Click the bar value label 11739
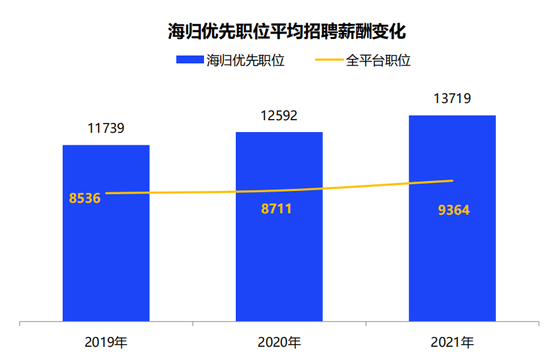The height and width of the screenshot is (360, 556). (x=106, y=129)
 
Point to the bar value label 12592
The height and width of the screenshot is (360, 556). (x=279, y=116)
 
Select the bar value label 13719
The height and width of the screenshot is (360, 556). (x=452, y=99)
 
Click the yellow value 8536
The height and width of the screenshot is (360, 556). (x=85, y=198)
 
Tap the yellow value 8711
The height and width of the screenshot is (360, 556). (x=276, y=209)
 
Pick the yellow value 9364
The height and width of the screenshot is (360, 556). (x=454, y=211)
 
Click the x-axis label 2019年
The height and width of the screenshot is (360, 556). (x=106, y=343)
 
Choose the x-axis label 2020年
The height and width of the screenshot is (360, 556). (x=279, y=343)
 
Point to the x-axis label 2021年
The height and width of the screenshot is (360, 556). (x=452, y=343)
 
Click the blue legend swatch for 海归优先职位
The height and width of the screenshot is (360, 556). (x=190, y=61)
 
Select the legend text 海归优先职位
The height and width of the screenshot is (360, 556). (x=245, y=61)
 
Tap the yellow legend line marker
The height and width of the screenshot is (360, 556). (x=330, y=61)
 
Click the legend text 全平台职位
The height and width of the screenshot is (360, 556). (x=378, y=61)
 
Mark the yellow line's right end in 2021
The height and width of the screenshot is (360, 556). (x=452, y=180)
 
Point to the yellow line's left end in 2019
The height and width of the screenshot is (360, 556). (x=106, y=193)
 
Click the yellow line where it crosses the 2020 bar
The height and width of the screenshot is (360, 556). (x=279, y=191)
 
